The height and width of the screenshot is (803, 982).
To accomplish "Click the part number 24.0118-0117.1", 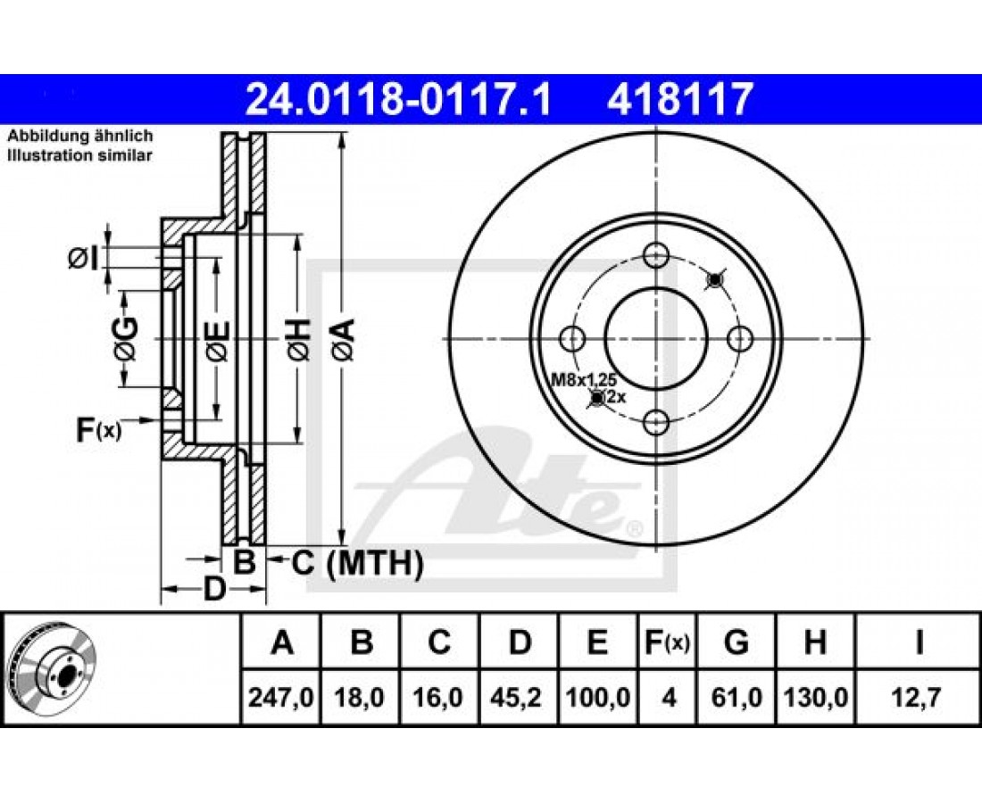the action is (x=398, y=100).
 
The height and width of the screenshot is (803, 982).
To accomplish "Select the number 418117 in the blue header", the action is (x=678, y=100).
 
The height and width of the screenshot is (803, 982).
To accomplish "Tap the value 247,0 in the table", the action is (x=280, y=697).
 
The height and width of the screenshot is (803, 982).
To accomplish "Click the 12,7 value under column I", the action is (x=918, y=697).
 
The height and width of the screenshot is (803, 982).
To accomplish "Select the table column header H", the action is (x=815, y=642).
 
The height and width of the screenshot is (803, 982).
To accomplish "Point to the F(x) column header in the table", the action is (x=667, y=642).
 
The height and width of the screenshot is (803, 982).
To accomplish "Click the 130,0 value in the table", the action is (x=815, y=697).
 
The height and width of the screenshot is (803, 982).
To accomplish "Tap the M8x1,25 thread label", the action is (x=584, y=378).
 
